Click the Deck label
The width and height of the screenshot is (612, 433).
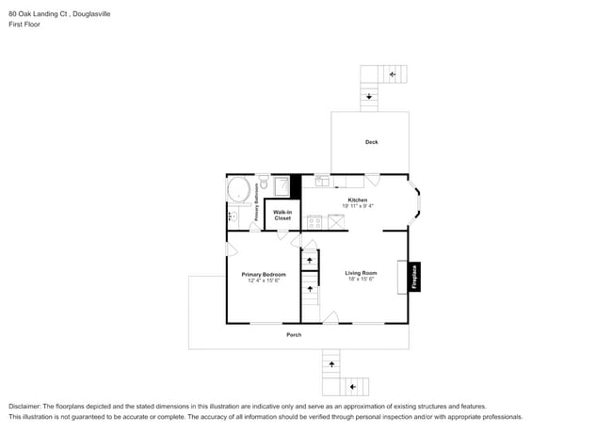click(x=371, y=142)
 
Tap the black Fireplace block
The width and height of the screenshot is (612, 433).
click(x=413, y=276)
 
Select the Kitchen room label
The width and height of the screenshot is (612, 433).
click(x=357, y=200)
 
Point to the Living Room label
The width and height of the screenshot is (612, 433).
click(x=361, y=274)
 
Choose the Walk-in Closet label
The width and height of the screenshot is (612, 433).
click(x=282, y=216)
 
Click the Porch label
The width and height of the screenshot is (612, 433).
click(x=295, y=335)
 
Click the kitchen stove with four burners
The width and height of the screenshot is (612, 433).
click(x=314, y=223)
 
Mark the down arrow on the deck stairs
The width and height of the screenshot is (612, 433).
click(x=370, y=96)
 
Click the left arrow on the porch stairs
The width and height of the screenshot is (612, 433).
click(x=354, y=387)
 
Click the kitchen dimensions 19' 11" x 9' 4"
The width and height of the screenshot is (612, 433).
click(x=357, y=206)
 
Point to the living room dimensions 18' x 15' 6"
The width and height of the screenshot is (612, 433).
click(x=361, y=281)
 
